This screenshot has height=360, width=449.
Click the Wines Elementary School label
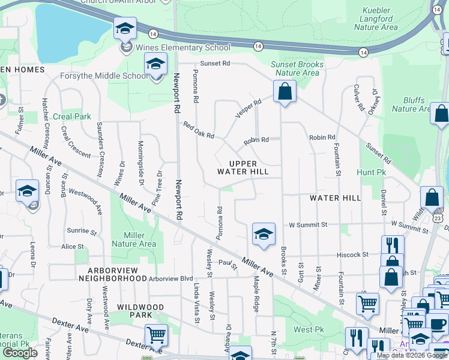point(183,47)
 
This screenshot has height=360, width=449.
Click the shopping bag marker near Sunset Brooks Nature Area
point(285,92)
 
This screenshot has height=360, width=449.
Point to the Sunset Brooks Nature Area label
point(297,68)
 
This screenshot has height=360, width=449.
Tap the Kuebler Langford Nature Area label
point(376,19)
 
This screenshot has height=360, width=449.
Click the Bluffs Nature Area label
point(412,104)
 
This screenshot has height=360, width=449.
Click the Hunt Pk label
point(371,172)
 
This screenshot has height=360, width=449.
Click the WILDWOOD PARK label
point(140,311)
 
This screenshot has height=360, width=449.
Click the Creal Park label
point(71,116)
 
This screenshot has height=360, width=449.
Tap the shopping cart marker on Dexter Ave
point(156,334)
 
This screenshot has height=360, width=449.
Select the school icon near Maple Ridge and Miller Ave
point(264,234)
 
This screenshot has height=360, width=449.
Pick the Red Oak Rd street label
point(199,130)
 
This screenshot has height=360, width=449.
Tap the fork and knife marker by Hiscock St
point(393,245)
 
